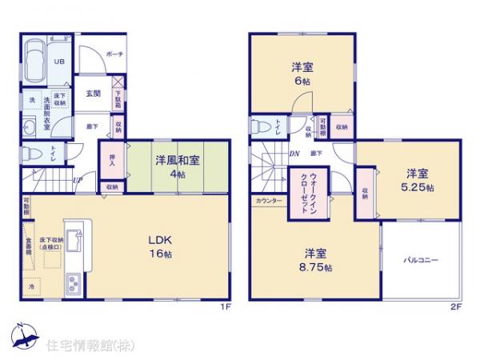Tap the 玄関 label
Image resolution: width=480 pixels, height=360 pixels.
tap(93, 94)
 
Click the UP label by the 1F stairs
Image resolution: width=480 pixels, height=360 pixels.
tap(77, 180)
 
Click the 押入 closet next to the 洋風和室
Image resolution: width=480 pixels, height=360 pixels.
tap(112, 162)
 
